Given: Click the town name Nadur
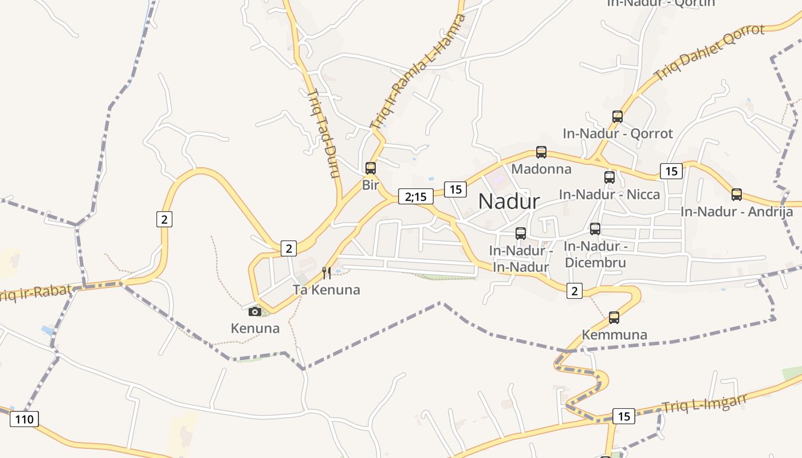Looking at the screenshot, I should point(509,202).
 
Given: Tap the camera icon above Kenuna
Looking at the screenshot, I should point(255,311).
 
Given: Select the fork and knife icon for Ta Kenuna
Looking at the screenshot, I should point(327,273).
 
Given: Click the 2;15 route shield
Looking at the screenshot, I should point(416,196).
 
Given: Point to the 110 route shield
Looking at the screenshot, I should point(24,419).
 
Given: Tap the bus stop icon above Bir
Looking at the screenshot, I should point(371,168).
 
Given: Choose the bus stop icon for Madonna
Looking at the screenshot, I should point(541,152).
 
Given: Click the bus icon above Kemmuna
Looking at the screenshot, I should point(614,317).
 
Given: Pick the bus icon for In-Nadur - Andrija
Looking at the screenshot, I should point(737,195).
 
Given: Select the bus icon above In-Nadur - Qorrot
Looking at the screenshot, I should point(618,117).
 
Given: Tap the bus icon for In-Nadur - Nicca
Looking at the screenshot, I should point(610,177).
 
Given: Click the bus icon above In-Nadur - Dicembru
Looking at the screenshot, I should point(595,229).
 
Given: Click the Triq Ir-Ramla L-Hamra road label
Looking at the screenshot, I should point(418,71).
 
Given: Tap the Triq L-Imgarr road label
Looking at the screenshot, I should point(705,402).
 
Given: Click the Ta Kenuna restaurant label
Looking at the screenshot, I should point(327,290).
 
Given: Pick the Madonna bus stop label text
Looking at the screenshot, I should point(541,169).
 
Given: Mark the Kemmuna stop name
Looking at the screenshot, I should point(614,334).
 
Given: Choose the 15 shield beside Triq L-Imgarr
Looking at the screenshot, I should point(624,416).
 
